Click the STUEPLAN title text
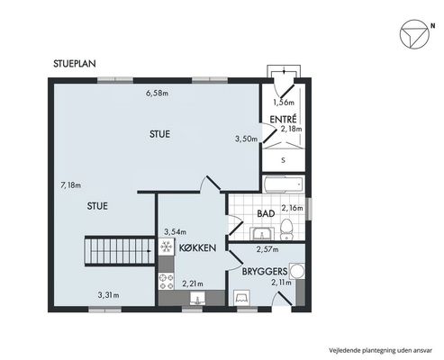[75, 64]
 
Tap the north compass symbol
[414, 34]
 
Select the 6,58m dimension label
[157, 94]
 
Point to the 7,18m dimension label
[71, 185]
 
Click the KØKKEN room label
[197, 247]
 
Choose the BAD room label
[266, 213]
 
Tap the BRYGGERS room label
[265, 272]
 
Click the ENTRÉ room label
[283, 119]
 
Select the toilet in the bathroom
[286, 229]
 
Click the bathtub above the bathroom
[284, 184]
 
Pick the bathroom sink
[262, 233]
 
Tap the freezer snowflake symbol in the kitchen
[167, 247]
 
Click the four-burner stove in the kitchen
[167, 281]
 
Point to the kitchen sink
[198, 299]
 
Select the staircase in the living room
[120, 251]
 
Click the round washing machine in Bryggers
[297, 271]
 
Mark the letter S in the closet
[283, 160]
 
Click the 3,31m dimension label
[108, 295]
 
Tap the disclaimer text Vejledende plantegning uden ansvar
[380, 350]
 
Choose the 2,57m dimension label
[267, 249]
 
